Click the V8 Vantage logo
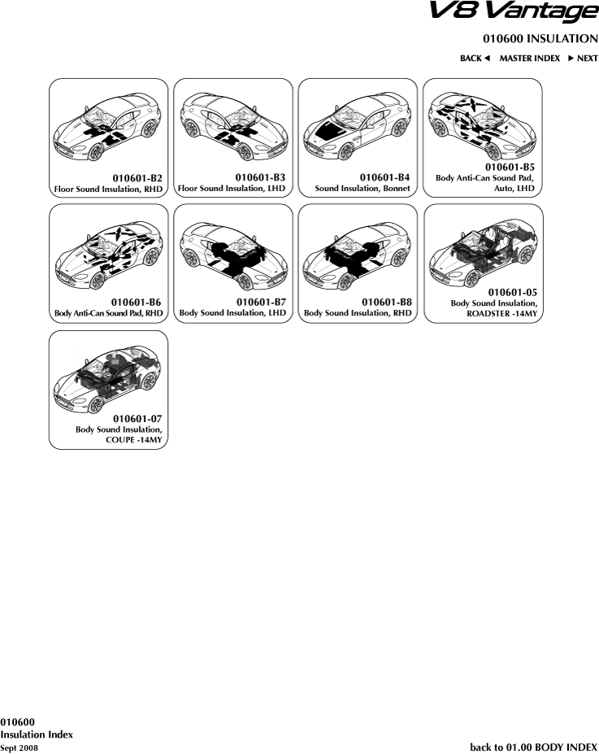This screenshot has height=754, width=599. (x=514, y=11)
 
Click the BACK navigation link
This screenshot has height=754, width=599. (x=475, y=59)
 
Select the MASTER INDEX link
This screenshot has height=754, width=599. (x=529, y=59)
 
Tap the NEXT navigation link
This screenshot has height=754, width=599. (x=583, y=59)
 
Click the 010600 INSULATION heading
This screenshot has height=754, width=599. (x=540, y=39)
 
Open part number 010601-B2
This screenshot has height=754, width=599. (x=137, y=178)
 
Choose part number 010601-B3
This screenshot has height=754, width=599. (x=260, y=177)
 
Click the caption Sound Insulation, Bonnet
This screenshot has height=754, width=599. (x=362, y=189)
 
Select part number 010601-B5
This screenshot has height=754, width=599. (x=510, y=168)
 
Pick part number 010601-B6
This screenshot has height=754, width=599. (x=136, y=303)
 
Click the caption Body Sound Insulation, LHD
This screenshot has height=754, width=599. (x=232, y=313)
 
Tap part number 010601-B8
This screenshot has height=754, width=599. (x=387, y=302)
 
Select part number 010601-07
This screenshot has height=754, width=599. (x=137, y=419)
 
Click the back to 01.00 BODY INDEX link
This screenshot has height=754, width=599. (x=534, y=747)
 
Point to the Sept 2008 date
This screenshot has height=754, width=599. (x=19, y=747)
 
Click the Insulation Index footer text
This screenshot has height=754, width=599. (x=37, y=734)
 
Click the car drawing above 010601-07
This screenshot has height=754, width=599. (x=107, y=380)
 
